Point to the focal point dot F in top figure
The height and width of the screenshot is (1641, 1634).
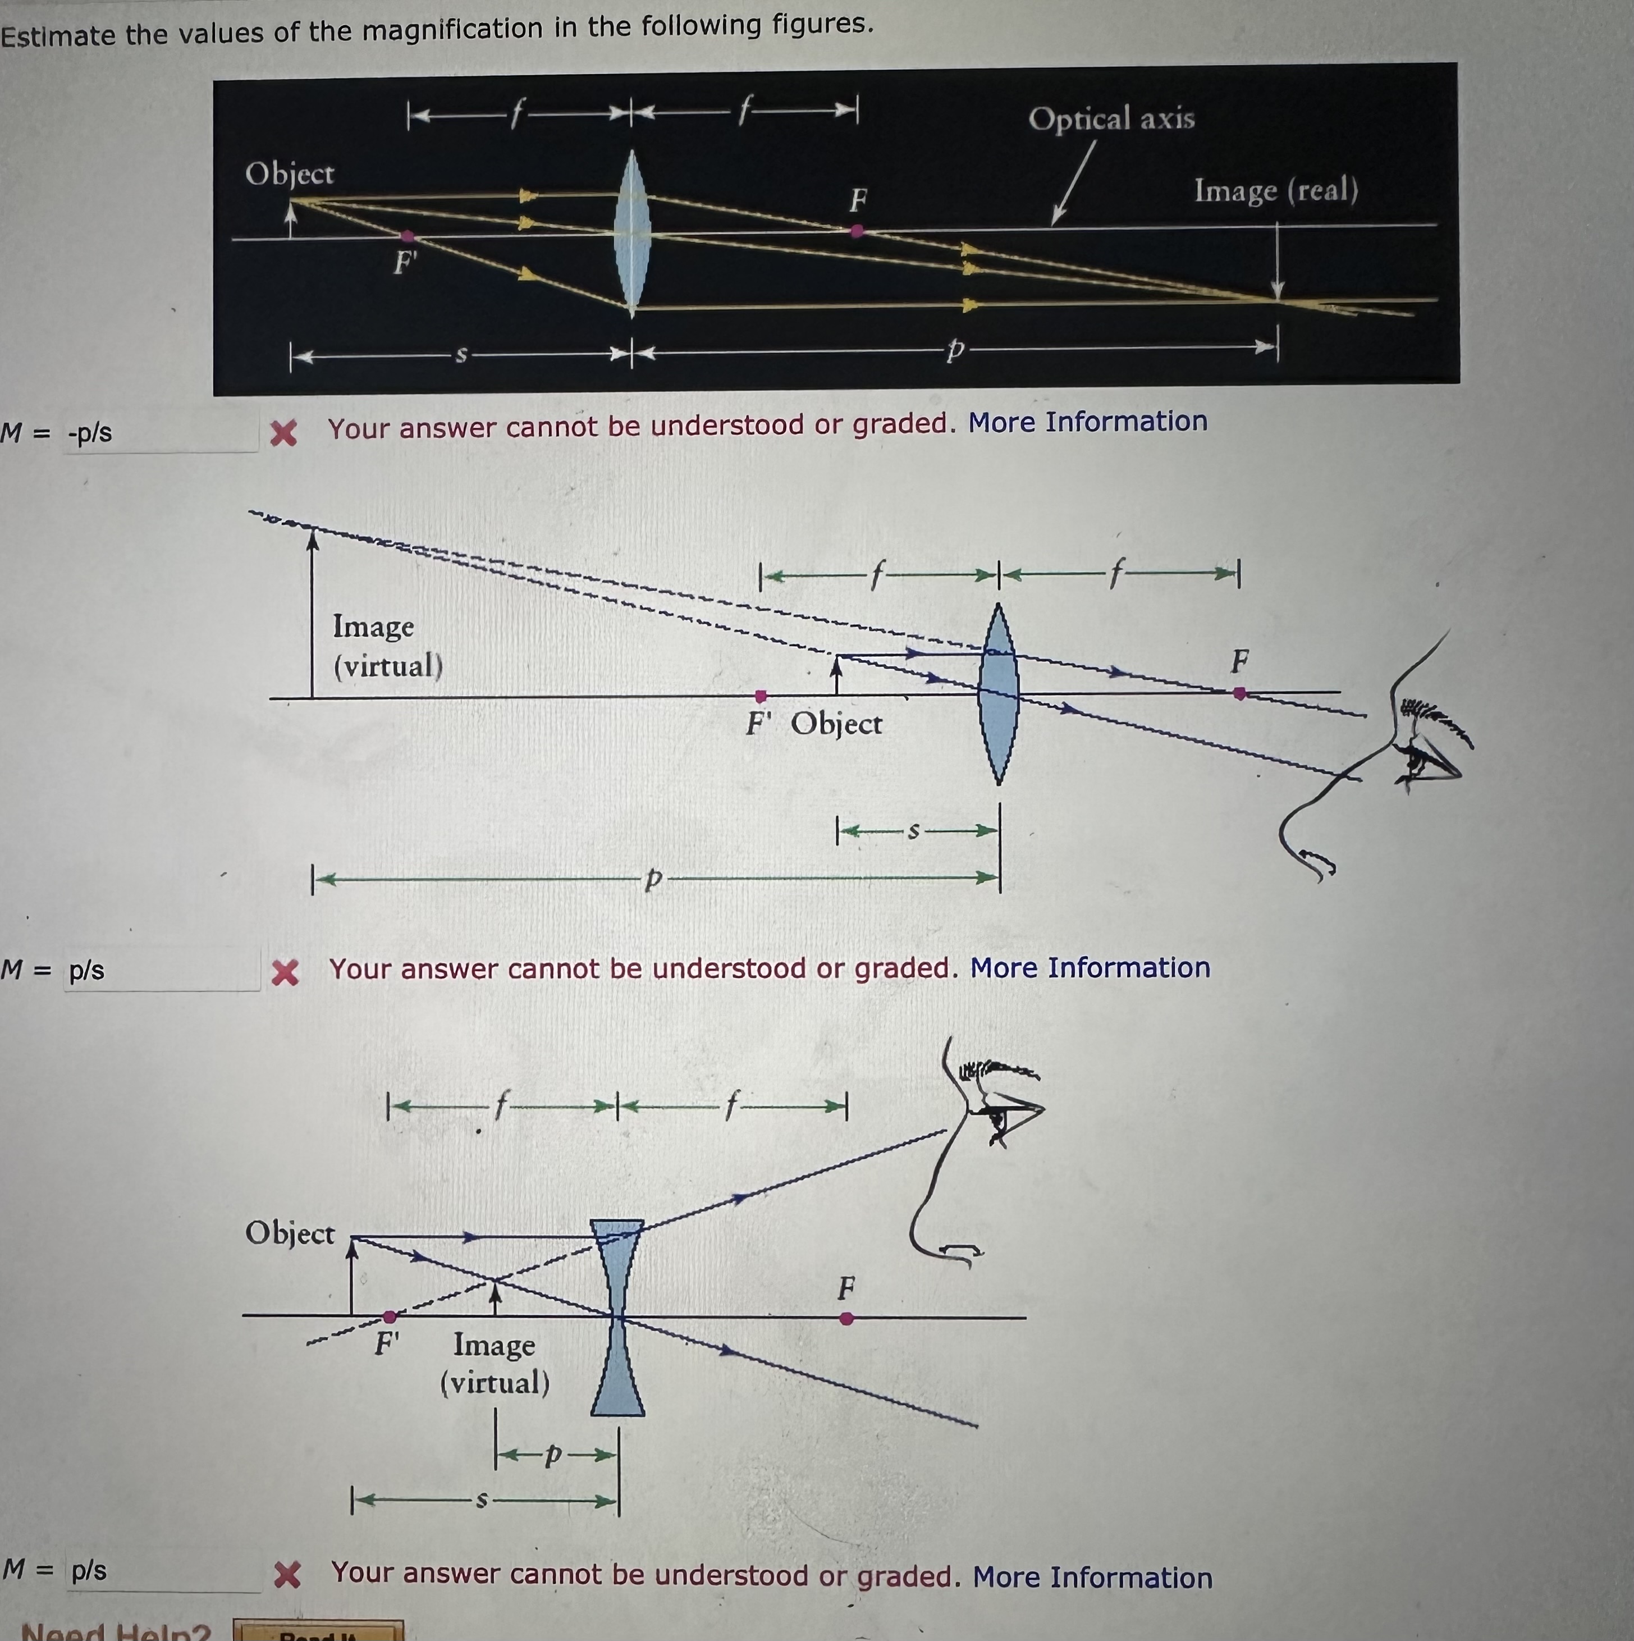(857, 230)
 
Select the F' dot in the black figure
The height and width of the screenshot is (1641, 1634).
(408, 236)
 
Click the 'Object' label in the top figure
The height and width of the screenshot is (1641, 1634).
(290, 174)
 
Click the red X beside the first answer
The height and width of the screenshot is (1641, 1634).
(283, 433)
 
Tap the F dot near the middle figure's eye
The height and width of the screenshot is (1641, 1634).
(1240, 693)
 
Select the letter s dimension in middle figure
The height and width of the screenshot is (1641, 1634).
(914, 831)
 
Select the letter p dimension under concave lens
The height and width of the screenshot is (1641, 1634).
(553, 1456)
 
